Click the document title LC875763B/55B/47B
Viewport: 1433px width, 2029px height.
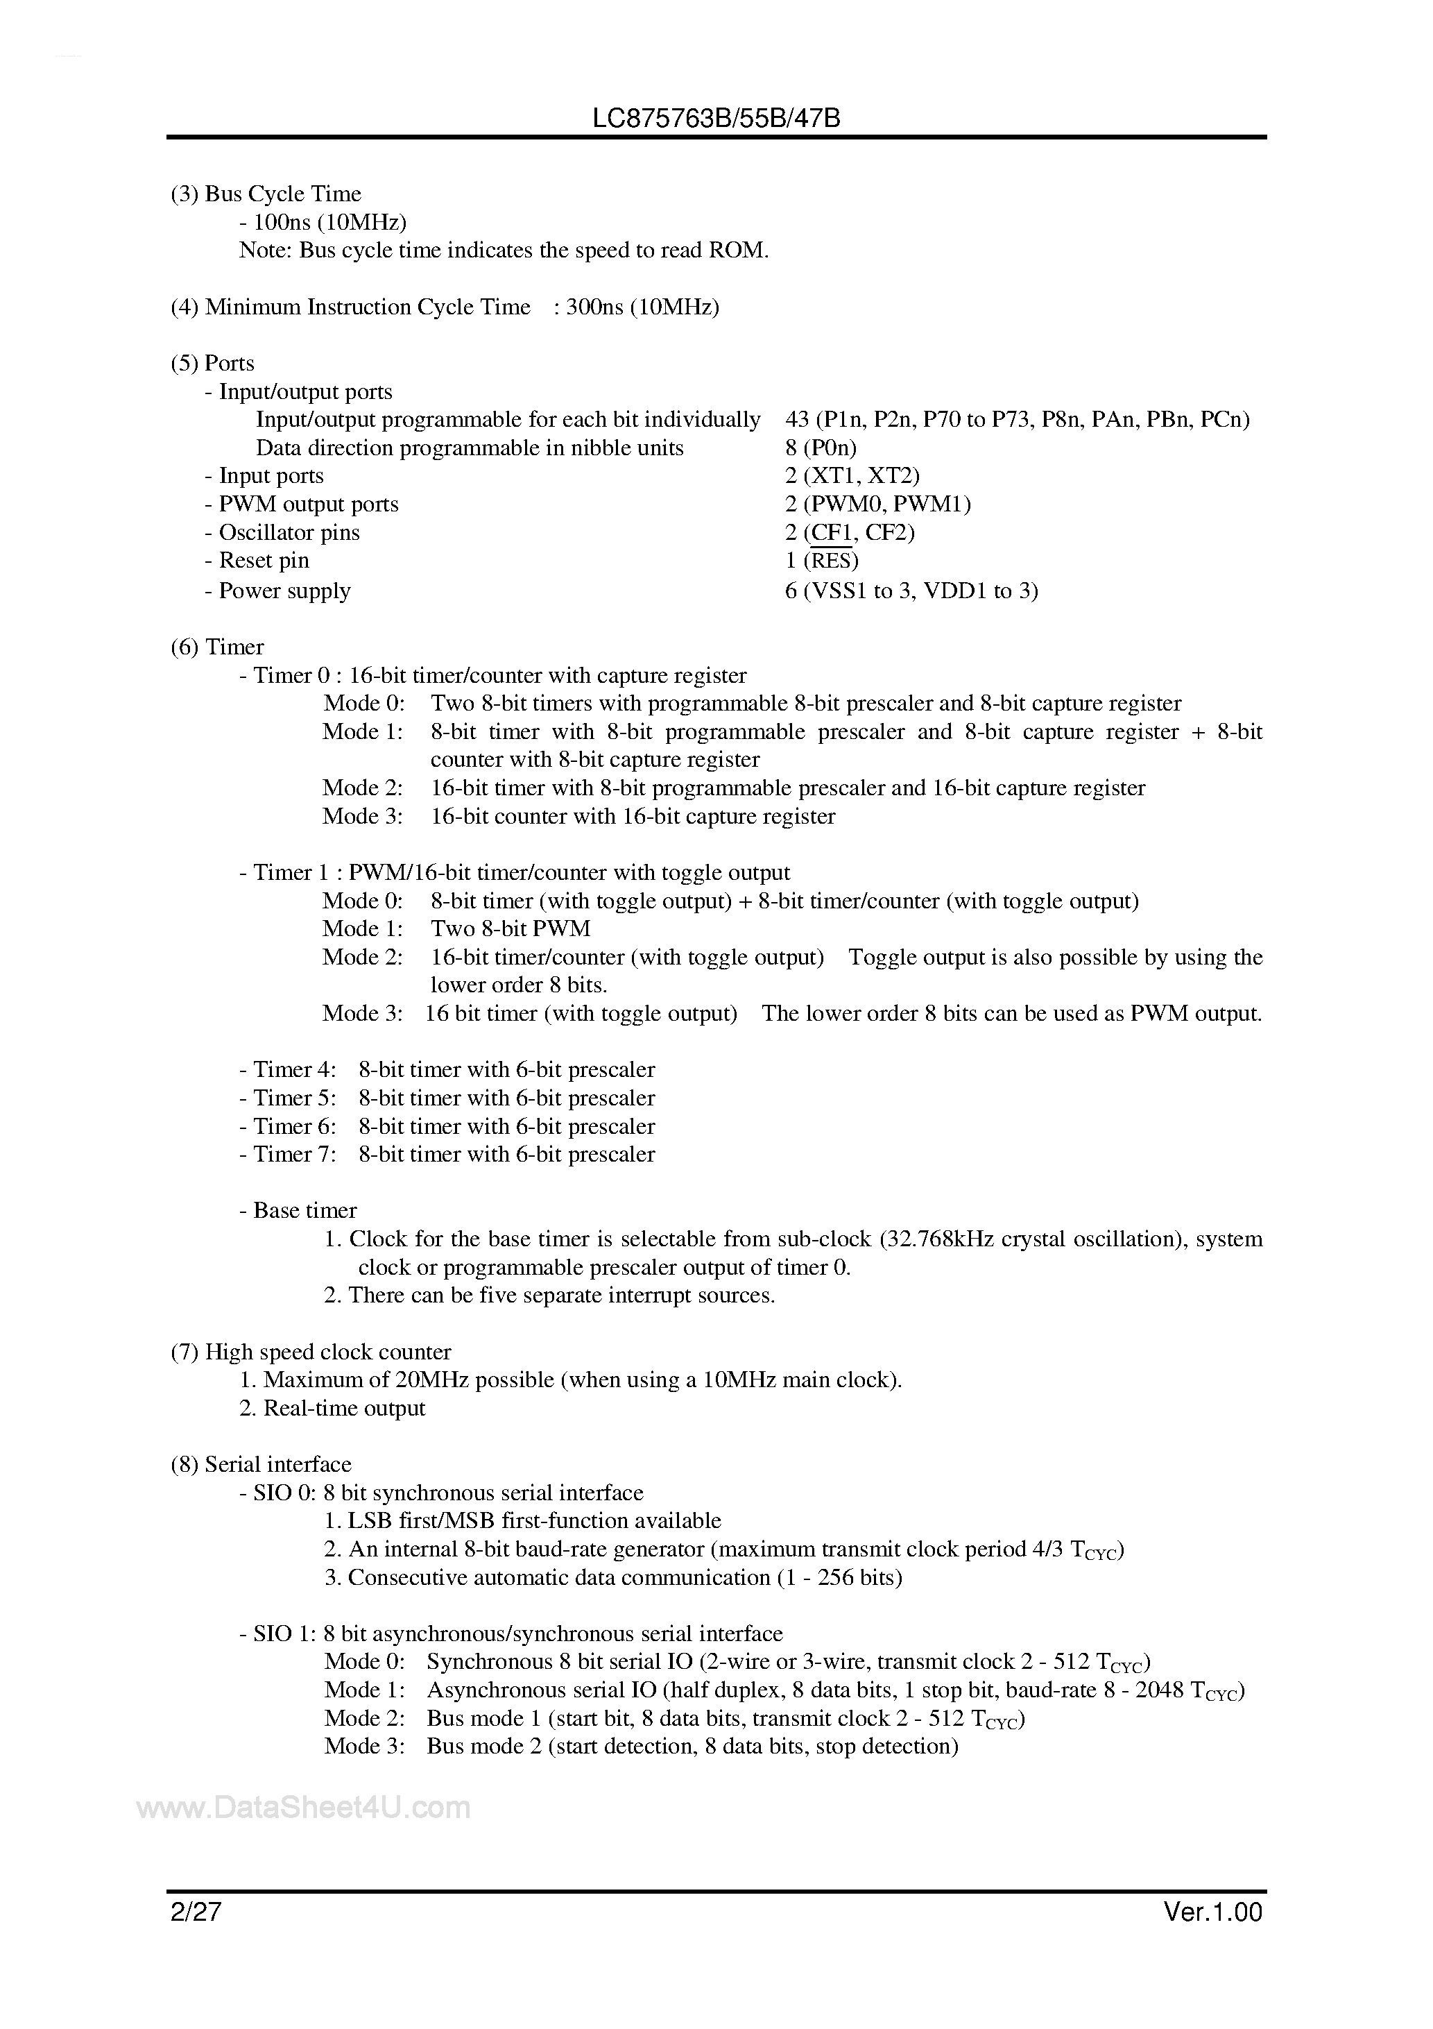tap(716, 119)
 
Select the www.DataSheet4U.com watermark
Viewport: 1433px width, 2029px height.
tap(304, 1808)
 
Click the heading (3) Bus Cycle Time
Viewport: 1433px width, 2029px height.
tap(266, 194)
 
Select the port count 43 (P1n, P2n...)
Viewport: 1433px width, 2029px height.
tap(1017, 419)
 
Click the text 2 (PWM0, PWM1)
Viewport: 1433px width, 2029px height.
tap(877, 504)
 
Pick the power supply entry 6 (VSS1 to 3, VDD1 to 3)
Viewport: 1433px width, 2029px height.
tap(911, 591)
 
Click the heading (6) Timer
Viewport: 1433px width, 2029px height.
tap(217, 646)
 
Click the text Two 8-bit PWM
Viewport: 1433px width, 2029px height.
tap(510, 928)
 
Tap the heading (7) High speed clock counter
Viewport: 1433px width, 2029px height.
tap(311, 1351)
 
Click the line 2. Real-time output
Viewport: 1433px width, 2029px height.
tap(332, 1408)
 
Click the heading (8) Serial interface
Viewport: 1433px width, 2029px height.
tap(261, 1464)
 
